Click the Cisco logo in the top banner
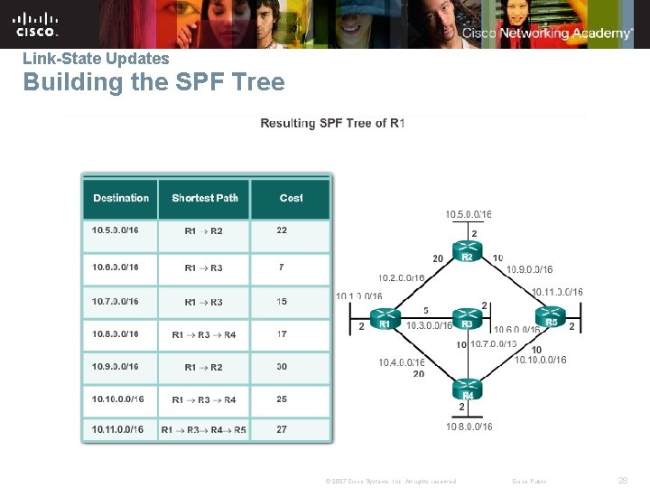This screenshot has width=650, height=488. (36, 23)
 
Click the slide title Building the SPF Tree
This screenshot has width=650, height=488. (153, 83)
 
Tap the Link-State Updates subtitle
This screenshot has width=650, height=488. (96, 59)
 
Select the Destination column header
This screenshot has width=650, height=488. (121, 198)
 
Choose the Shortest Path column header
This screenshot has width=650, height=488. (205, 198)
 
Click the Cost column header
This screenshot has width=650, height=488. (291, 198)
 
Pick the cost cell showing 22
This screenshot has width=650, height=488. (282, 230)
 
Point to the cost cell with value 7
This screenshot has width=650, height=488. (282, 267)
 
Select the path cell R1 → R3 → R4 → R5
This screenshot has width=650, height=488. (204, 429)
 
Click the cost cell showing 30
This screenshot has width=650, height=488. (282, 367)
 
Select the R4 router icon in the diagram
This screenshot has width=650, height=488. (467, 390)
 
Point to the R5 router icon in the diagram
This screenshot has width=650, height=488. (551, 320)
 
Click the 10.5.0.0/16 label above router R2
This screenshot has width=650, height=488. (468, 214)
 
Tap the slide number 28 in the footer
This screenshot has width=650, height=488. (623, 480)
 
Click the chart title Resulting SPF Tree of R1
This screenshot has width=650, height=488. (332, 123)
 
